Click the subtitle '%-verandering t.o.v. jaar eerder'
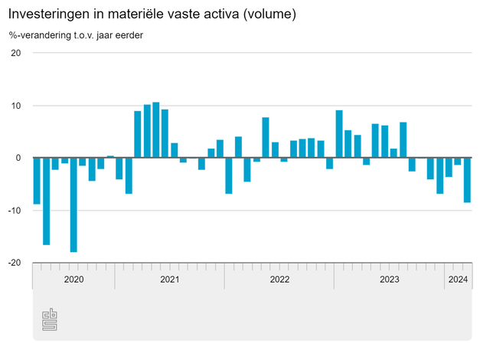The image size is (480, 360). (76, 34)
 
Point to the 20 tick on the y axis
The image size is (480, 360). (16, 53)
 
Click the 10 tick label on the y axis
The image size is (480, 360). (16, 105)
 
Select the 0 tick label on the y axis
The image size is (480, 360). (18, 158)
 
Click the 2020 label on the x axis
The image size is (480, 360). (73, 280)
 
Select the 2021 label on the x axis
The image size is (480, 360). (170, 280)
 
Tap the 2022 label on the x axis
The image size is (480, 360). (279, 280)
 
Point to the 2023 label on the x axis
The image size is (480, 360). (390, 280)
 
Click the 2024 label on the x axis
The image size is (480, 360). (458, 280)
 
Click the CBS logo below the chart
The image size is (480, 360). (50, 319)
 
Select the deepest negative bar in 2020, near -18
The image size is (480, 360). (73, 205)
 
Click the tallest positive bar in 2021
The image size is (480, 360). (156, 130)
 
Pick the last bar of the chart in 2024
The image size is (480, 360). (467, 180)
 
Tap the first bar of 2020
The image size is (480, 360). (37, 181)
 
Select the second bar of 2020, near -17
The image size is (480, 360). (46, 201)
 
